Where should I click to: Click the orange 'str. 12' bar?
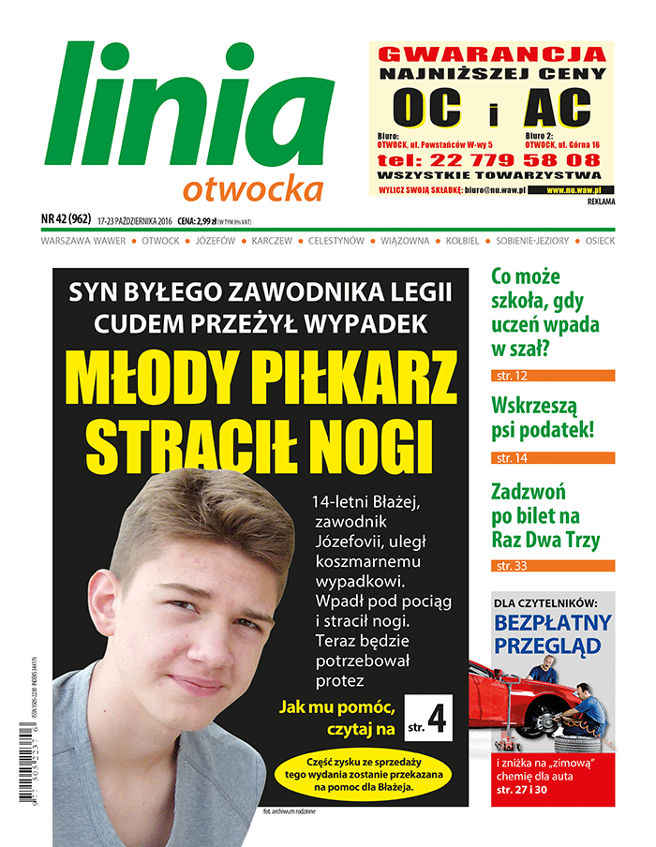point(553,376)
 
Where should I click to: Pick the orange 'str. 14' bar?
point(553,458)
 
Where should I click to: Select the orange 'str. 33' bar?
point(553,566)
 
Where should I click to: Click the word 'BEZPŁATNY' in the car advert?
point(552,623)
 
